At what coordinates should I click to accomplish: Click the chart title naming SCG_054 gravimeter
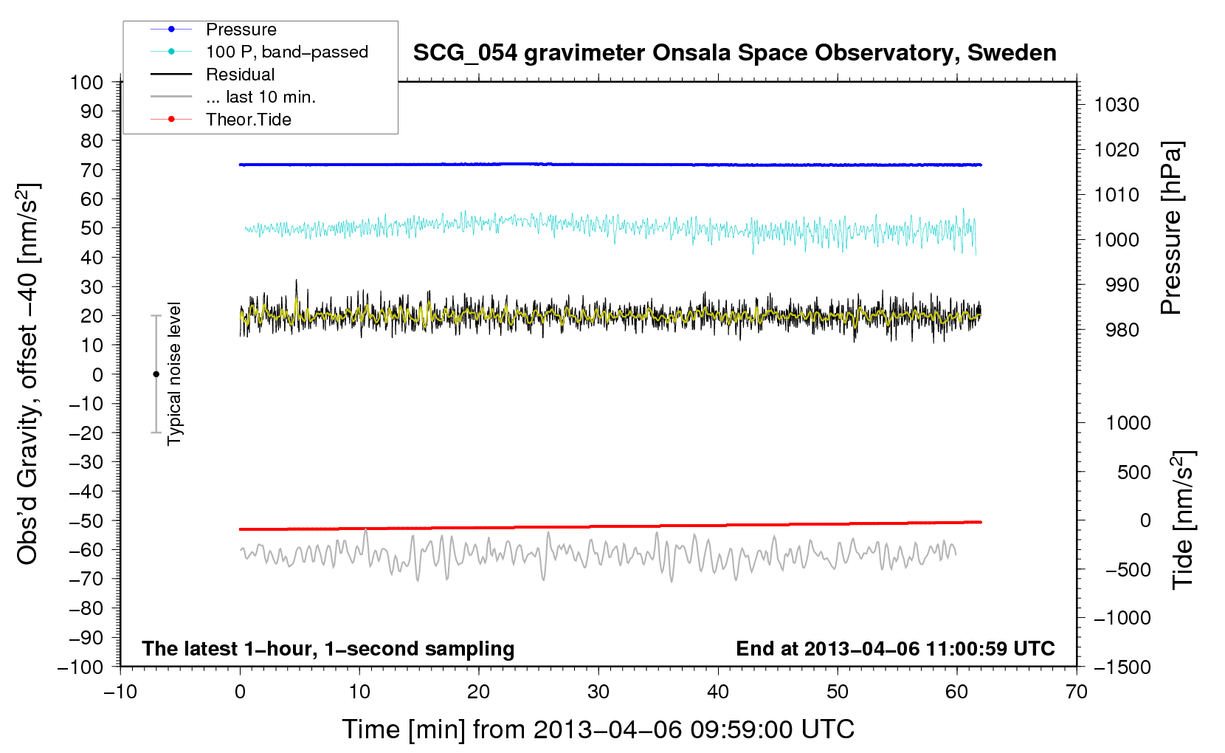tap(734, 53)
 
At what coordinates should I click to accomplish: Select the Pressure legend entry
tap(241, 30)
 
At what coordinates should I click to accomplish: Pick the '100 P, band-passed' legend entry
tap(286, 52)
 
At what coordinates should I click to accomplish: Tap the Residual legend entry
tap(240, 75)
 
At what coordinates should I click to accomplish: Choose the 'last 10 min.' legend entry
tap(260, 97)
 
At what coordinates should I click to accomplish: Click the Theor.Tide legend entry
tap(248, 120)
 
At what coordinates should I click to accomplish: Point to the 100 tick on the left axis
tap(86, 82)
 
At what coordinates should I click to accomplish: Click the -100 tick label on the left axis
tap(80, 667)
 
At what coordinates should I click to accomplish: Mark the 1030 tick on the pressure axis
tap(1116, 105)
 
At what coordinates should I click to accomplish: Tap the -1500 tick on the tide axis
tap(1122, 667)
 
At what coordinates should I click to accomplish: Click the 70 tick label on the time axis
tap(1077, 692)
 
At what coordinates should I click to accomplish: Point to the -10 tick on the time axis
tap(120, 692)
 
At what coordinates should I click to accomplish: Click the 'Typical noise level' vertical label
tap(174, 374)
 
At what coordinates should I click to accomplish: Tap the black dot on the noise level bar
tap(156, 374)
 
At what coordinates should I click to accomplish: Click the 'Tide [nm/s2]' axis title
tap(1183, 519)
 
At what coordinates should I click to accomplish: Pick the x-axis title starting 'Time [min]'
tap(598, 729)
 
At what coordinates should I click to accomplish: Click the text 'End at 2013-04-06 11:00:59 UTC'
tap(895, 648)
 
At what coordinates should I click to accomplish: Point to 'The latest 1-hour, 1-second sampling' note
tap(328, 648)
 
